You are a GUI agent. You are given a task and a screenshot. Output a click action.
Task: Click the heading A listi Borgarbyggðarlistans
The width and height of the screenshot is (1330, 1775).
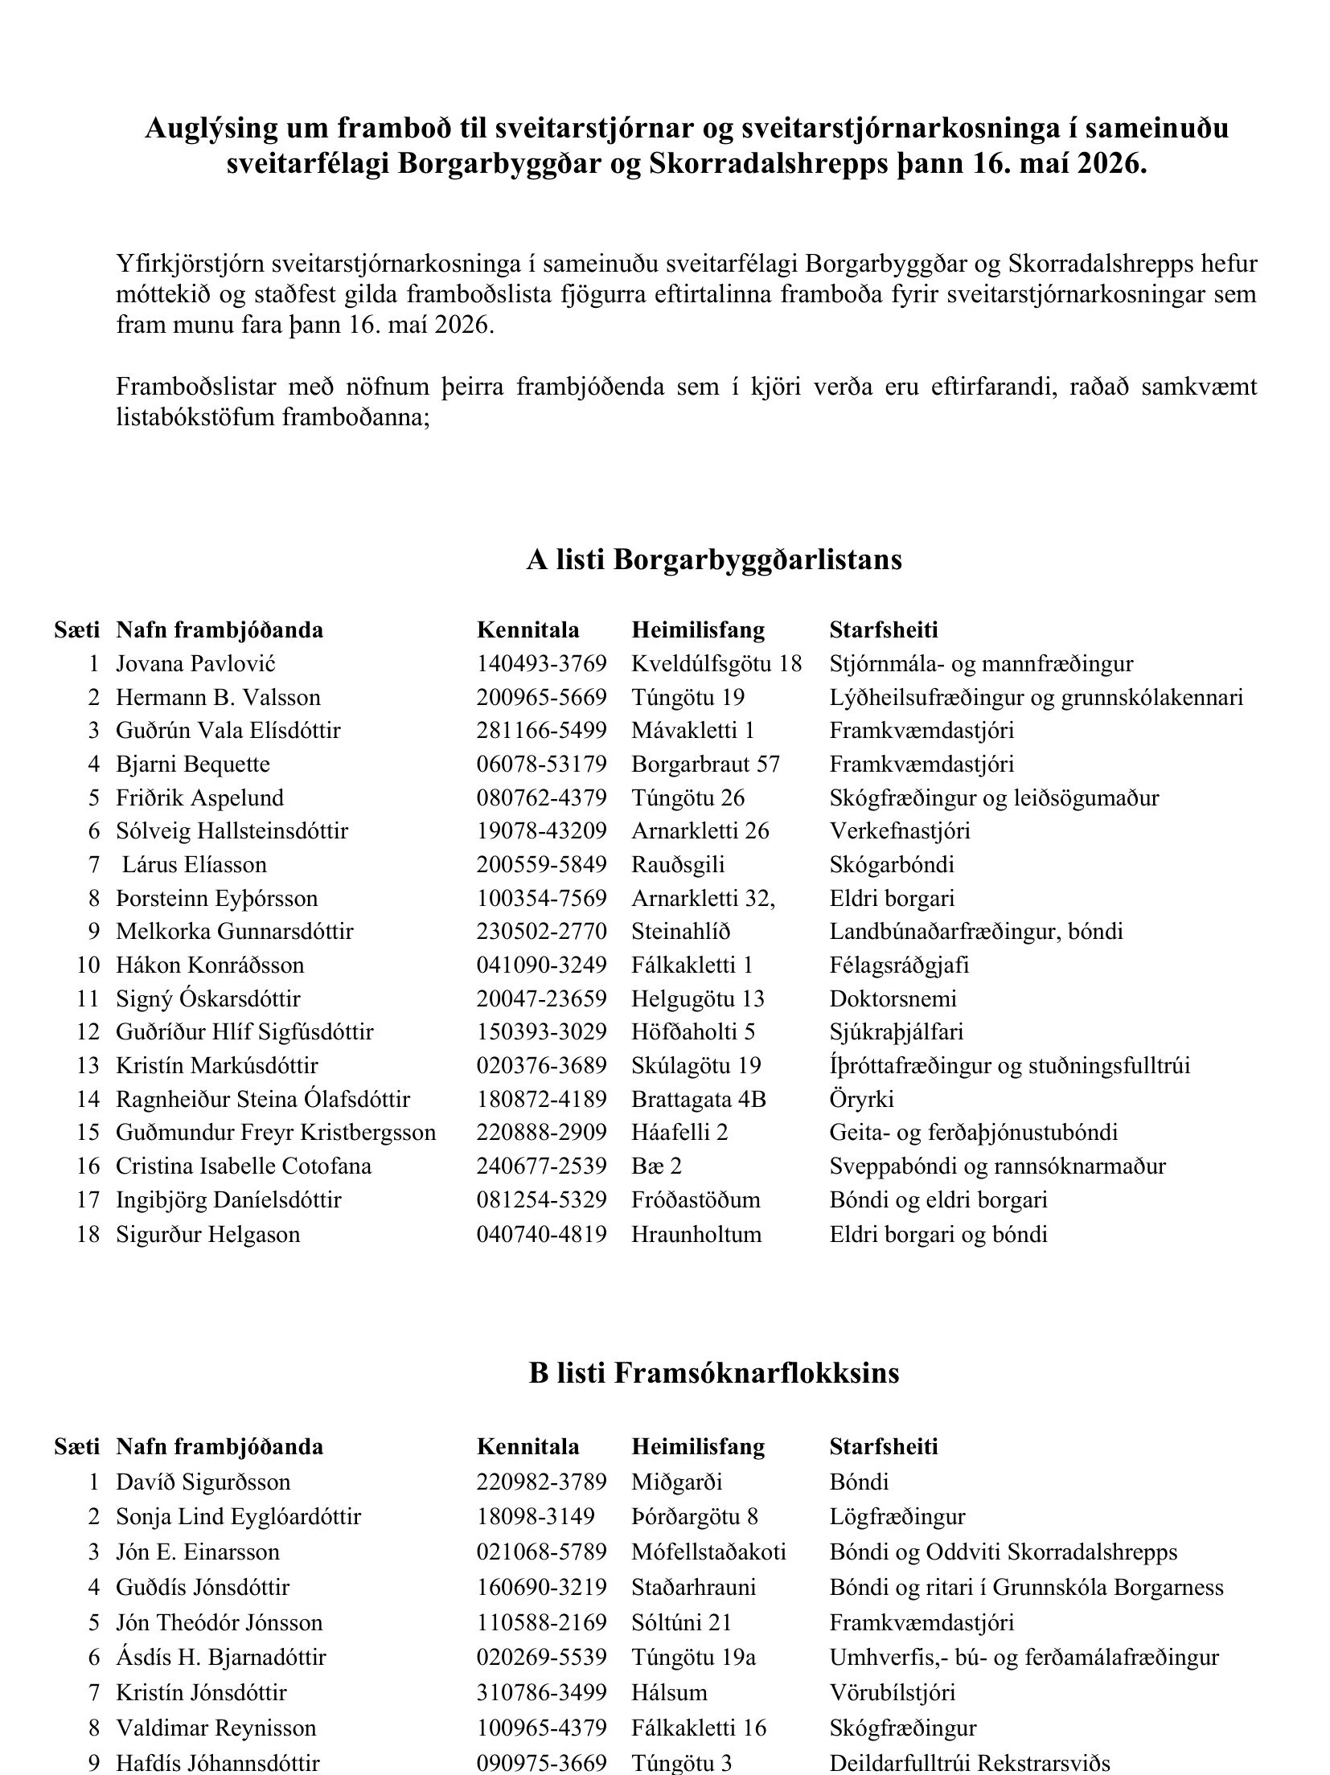713,560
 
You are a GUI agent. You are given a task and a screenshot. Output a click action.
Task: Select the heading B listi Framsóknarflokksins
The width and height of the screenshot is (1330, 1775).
713,1372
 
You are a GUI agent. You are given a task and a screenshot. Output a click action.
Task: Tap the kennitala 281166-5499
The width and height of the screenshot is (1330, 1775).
541,730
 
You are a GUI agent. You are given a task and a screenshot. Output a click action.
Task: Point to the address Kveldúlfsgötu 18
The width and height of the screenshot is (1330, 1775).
716,663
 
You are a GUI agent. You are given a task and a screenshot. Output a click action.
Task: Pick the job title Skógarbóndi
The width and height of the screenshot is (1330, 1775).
892,864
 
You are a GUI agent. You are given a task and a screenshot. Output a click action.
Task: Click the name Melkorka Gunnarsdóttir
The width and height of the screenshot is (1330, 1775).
234,931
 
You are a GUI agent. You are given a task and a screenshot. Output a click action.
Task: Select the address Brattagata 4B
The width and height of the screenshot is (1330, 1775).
698,1099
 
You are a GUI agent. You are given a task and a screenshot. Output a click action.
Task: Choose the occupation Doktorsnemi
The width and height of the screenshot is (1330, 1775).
893,998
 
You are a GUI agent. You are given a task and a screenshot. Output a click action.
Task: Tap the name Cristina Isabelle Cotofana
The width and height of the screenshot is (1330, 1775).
244,1166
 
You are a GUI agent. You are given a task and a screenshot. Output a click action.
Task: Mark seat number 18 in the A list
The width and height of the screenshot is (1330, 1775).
88,1233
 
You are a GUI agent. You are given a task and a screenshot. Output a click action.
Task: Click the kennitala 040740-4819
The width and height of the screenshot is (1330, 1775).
541,1233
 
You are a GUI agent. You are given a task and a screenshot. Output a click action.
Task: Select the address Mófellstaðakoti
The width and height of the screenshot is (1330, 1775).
708,1552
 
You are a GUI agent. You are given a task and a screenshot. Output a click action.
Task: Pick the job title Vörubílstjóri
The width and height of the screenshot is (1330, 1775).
892,1692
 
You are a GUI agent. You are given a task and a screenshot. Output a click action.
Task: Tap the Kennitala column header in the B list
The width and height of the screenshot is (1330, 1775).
527,1446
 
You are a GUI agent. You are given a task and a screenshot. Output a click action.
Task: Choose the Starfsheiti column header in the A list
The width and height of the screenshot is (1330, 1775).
883,629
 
